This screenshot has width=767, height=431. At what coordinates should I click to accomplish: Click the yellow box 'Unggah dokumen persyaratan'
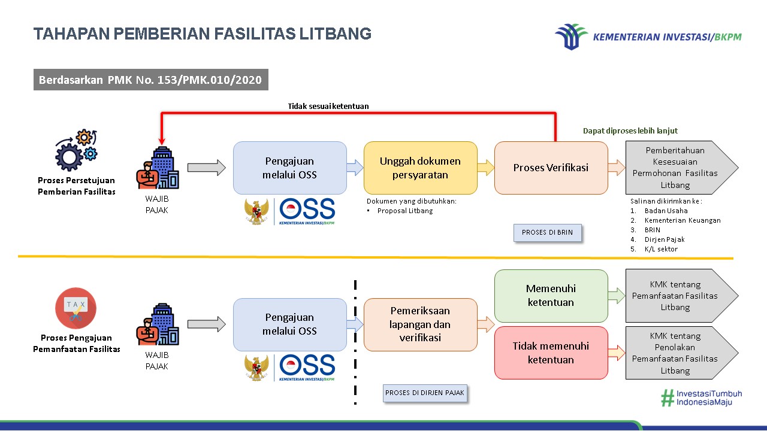(x=420, y=168)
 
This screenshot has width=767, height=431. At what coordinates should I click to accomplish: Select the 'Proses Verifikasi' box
(x=551, y=168)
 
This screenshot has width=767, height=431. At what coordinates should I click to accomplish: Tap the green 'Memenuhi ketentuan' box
(x=551, y=296)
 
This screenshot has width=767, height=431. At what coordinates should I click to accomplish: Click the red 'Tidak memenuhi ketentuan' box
(x=551, y=353)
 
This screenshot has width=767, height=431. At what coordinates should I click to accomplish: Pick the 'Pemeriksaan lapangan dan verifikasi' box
(x=420, y=324)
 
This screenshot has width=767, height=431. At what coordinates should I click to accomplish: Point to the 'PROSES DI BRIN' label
(x=548, y=232)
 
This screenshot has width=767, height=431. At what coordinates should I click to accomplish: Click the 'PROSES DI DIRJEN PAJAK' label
(x=425, y=393)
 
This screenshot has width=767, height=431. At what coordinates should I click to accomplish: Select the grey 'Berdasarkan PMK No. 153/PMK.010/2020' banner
(x=150, y=80)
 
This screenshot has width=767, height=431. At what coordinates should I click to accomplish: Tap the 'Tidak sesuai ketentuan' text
(x=328, y=106)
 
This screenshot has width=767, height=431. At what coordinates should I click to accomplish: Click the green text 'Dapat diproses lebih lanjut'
(x=630, y=130)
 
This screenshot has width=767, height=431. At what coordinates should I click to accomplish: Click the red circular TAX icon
(x=76, y=308)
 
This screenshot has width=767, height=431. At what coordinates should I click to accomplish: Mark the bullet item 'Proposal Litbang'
(x=404, y=211)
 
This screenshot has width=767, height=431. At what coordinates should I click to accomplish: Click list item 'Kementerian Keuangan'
(x=682, y=220)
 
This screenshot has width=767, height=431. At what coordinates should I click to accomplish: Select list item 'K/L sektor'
(x=661, y=249)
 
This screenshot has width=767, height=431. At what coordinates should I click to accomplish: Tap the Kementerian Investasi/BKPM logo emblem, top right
(x=571, y=37)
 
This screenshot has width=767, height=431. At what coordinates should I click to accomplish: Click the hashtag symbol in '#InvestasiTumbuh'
(x=667, y=398)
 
